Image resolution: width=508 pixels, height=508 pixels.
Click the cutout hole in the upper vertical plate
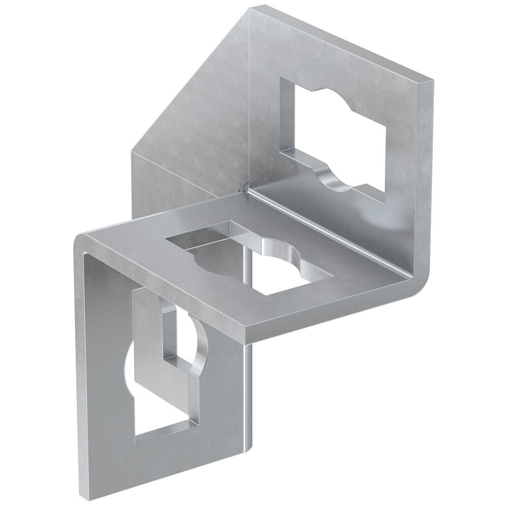coord(335,137)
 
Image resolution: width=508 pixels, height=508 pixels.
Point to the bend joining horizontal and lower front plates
coord(81,244)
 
